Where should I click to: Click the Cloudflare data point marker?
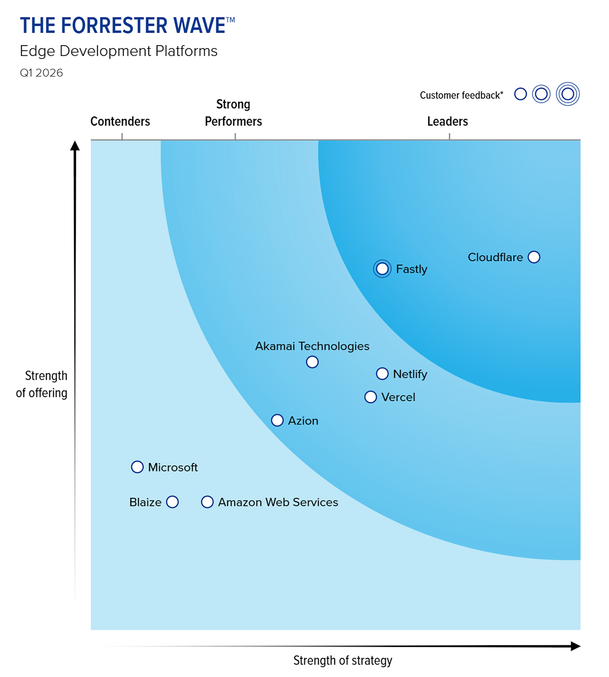(x=534, y=257)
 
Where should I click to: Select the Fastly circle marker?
(x=382, y=269)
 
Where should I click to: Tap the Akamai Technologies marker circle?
(x=312, y=362)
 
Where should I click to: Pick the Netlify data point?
(x=382, y=373)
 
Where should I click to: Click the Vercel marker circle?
(x=370, y=397)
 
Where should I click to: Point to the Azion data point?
(x=277, y=420)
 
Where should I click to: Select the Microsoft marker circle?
(x=137, y=467)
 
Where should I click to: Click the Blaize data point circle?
(x=172, y=502)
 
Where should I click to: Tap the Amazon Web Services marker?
(x=207, y=502)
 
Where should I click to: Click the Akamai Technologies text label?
(x=312, y=346)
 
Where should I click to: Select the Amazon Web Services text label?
(x=278, y=502)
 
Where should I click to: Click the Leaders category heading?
(x=447, y=121)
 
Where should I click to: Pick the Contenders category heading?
(x=120, y=121)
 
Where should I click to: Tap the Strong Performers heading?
(x=233, y=113)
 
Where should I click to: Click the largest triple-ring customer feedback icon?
(x=567, y=94)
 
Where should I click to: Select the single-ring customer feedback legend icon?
(x=520, y=94)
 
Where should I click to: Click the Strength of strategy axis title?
(x=343, y=660)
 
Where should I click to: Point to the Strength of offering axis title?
(x=42, y=384)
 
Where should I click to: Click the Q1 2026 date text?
(x=41, y=73)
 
